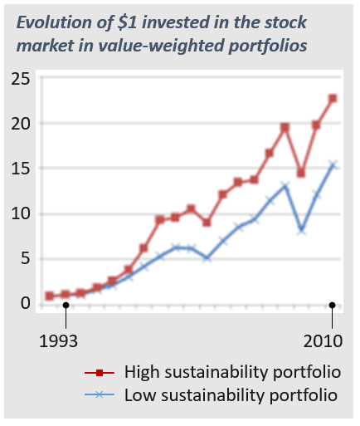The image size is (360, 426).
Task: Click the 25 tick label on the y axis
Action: tap(21, 80)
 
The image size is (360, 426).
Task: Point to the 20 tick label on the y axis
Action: tap(21, 124)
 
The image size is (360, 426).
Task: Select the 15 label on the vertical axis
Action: tap(21, 169)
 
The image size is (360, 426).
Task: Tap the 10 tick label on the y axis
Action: tap(21, 213)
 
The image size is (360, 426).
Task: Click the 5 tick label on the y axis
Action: tap(26, 258)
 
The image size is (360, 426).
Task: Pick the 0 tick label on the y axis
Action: tap(26, 303)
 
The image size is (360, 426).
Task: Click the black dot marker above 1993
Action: tap(66, 305)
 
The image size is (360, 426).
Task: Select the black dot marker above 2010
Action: tap(332, 305)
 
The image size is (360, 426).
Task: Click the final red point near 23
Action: tap(333, 98)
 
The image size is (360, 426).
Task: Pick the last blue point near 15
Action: tap(333, 165)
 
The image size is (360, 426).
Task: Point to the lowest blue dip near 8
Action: tap(301, 229)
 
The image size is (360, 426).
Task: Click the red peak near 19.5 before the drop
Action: tap(285, 127)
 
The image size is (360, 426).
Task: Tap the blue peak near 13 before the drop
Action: tap(285, 186)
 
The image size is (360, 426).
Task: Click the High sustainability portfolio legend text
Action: tap(232, 370)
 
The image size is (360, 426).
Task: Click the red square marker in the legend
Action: tap(100, 371)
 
